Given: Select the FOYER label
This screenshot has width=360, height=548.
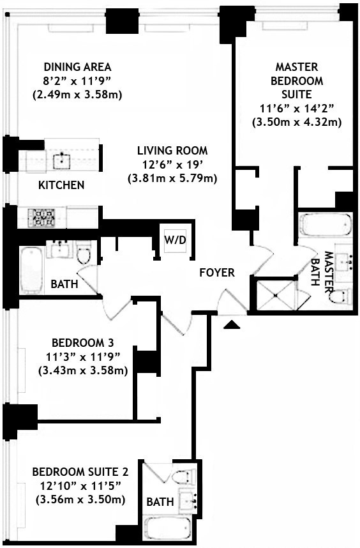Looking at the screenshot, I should point(217,273).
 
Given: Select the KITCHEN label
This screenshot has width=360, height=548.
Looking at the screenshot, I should point(61,186).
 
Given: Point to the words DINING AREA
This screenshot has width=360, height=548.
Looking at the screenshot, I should point(77,67).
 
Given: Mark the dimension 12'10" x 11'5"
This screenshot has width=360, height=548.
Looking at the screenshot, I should point(80,486).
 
